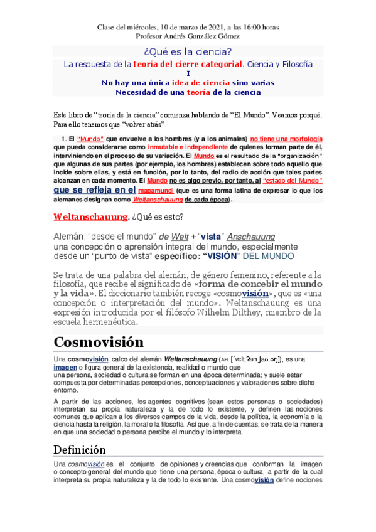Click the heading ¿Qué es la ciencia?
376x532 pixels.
point(188,52)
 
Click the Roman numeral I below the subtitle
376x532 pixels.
point(188,73)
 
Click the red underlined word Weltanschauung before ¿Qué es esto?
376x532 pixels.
point(91,216)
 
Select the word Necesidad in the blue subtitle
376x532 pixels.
point(136,92)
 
